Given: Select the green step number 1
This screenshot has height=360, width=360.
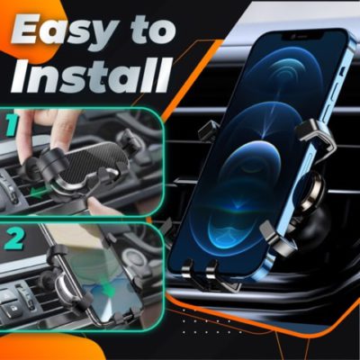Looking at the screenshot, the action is (x=11, y=127).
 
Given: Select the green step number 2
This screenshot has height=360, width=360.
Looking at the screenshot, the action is (x=14, y=238).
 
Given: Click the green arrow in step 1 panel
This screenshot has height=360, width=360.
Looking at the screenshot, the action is (x=42, y=193).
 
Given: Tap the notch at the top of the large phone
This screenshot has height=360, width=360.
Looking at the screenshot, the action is (x=303, y=37).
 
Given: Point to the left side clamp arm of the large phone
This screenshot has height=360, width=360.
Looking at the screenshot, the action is (x=209, y=130).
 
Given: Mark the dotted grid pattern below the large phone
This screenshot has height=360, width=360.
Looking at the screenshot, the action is (x=212, y=321).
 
